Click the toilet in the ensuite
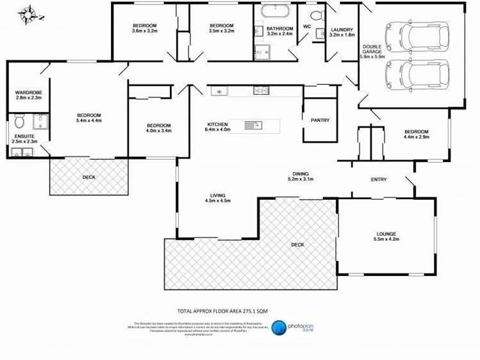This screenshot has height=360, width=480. [x=19, y=122]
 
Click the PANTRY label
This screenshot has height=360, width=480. [x=320, y=120]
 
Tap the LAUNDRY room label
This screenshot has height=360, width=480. [x=342, y=30]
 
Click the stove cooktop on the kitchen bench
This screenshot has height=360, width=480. [x=261, y=90]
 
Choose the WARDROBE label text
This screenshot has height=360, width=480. [x=28, y=93]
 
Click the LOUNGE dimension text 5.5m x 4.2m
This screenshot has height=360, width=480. [x=386, y=240]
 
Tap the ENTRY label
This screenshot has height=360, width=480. [x=378, y=179]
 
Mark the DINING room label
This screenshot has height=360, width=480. [x=300, y=174]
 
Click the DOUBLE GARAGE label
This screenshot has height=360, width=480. [x=372, y=49]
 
